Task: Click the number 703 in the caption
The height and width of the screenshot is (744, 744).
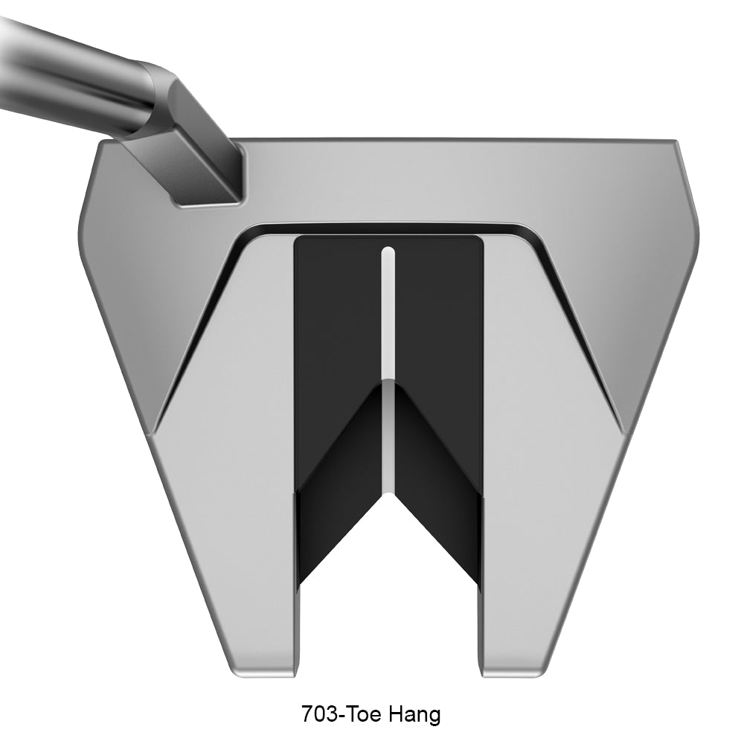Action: pos(319,713)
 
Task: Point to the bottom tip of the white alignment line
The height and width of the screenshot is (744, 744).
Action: pos(388,493)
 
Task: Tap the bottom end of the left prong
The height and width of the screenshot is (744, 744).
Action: pos(263,673)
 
